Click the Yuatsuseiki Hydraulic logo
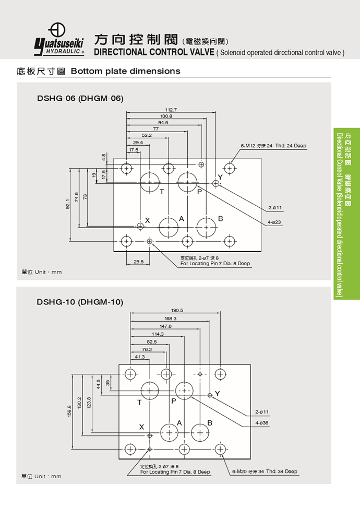(x=59, y=39)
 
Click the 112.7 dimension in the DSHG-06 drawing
(x=171, y=110)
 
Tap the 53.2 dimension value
(x=147, y=135)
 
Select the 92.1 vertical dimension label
(x=67, y=204)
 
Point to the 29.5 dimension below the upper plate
(x=138, y=262)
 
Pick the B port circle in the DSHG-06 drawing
(x=206, y=227)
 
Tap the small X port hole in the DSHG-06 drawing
(x=140, y=226)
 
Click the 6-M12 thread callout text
(x=273, y=146)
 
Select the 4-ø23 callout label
(x=274, y=222)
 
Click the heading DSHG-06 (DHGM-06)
(x=80, y=98)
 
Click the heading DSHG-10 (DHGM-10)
(x=80, y=302)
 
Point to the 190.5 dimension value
(x=177, y=310)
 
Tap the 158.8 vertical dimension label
(x=69, y=411)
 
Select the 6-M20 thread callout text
(x=265, y=471)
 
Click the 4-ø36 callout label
(x=262, y=422)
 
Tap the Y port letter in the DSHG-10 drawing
(x=218, y=394)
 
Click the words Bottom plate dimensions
(x=125, y=71)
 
